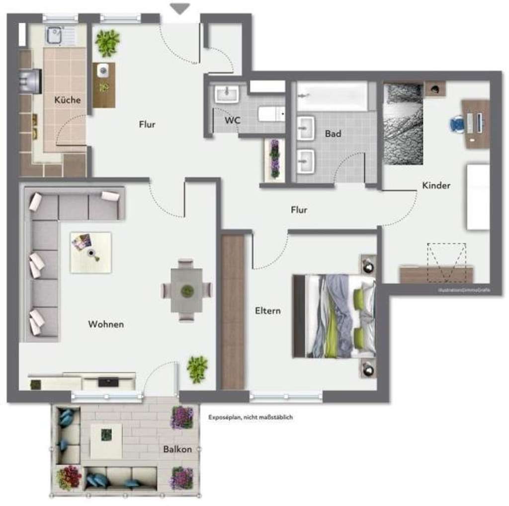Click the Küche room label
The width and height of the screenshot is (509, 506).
68,100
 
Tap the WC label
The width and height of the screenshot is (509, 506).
232,120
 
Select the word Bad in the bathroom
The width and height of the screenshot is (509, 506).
333,134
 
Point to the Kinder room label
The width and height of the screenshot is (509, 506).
436,186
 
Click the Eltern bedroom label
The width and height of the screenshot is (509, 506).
268,311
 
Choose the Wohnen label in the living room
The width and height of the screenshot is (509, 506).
106,324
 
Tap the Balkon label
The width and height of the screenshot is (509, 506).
177,449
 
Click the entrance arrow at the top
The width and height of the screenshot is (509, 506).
180,8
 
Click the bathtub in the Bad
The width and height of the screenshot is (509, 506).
332,96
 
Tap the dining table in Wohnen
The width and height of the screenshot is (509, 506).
186,290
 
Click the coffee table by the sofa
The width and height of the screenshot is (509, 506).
90,253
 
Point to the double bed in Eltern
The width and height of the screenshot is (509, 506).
334,316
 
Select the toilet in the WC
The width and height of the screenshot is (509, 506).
271,114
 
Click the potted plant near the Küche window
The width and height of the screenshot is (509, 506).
108,43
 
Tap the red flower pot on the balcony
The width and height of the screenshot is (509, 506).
69,477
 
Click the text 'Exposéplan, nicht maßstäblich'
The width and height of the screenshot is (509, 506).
251,418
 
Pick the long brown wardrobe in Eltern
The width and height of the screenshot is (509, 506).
233,312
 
